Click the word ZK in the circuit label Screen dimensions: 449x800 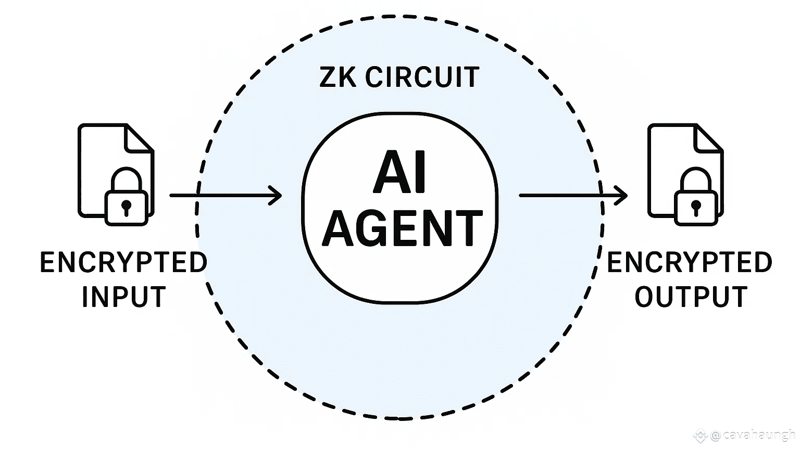337,78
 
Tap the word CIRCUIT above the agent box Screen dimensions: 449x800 422,78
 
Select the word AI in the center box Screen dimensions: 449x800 400,172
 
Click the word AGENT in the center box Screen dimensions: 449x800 402,228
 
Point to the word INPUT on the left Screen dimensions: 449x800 123,297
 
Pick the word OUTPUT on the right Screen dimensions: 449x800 691,297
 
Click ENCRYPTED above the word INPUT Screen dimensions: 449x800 123,263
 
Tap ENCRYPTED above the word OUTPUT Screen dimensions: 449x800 690,263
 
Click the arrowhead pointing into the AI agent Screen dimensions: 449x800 275,196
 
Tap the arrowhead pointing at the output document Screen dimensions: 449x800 621,196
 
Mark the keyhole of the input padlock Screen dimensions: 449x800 126,207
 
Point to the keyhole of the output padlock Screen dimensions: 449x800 696,207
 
